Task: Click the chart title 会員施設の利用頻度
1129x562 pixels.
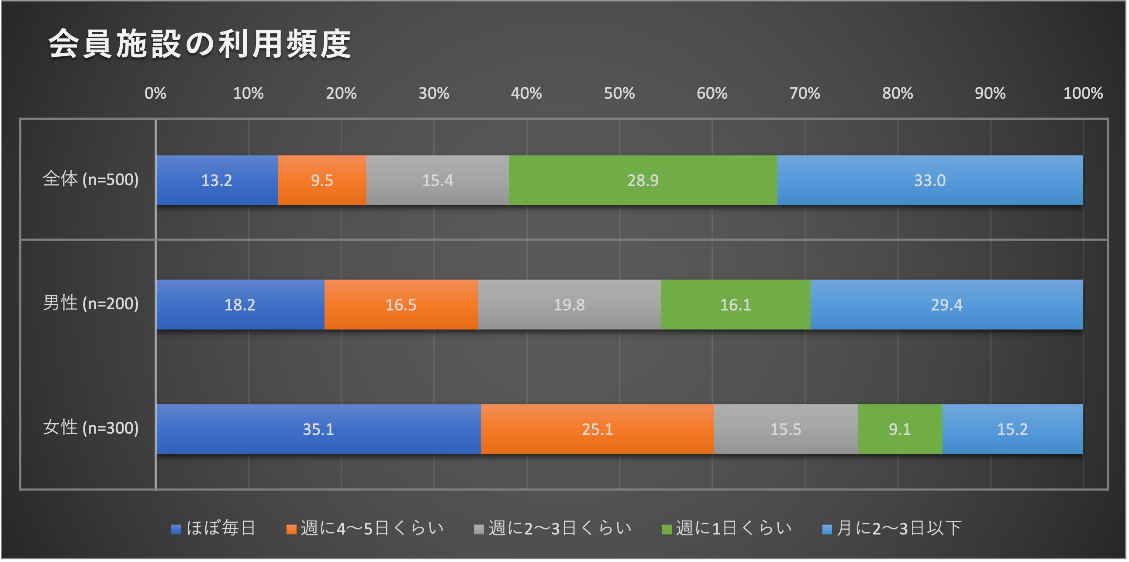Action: tap(200, 44)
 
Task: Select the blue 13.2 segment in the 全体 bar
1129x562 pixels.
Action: tap(217, 180)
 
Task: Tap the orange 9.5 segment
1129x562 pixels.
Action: tap(322, 180)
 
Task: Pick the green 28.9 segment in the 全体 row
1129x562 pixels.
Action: tap(643, 180)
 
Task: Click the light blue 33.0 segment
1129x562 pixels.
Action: tap(929, 180)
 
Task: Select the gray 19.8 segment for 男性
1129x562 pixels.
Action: tap(569, 304)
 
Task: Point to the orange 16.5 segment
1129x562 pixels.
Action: tap(401, 304)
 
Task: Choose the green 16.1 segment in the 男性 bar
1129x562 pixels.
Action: tap(735, 304)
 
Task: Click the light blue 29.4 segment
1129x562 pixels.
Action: tap(946, 304)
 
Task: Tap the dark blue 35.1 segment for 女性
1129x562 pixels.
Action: tap(318, 429)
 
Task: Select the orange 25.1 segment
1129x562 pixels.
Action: tap(597, 429)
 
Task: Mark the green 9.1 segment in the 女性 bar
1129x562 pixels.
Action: tap(899, 429)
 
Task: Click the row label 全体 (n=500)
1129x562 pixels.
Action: tap(91, 179)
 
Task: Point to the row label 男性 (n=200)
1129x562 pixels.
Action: tap(91, 303)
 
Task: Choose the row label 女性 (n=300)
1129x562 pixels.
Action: tap(91, 428)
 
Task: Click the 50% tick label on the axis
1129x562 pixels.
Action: tap(619, 93)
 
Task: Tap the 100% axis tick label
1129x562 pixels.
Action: tap(1083, 93)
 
